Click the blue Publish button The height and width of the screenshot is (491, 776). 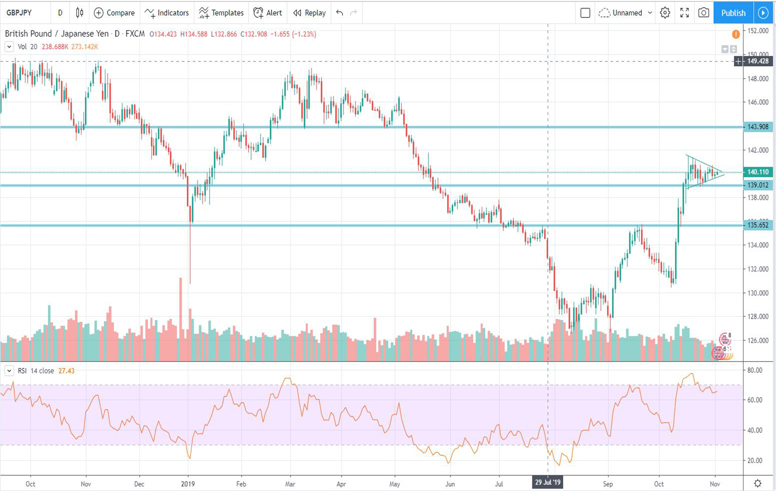(733, 13)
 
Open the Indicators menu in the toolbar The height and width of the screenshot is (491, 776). (167, 13)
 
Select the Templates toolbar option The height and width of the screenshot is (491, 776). (221, 13)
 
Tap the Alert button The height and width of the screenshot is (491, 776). (268, 13)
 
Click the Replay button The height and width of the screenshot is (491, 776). (309, 13)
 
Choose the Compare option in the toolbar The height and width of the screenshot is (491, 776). (114, 13)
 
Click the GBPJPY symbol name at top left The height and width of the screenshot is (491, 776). (19, 13)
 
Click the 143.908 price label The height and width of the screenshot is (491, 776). (758, 127)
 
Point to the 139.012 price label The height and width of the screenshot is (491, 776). (758, 185)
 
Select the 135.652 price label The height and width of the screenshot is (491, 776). (758, 225)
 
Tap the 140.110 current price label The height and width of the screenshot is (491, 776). (758, 172)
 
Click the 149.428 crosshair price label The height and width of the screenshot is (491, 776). (758, 61)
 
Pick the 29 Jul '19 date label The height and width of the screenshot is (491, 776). (548, 483)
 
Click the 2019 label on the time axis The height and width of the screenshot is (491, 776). (188, 484)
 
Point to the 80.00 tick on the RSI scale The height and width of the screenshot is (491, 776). (755, 370)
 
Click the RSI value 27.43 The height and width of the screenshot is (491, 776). (66, 371)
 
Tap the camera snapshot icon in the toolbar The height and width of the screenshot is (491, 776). (704, 13)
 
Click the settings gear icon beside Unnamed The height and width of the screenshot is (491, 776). (665, 13)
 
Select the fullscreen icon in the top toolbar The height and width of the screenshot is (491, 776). (684, 13)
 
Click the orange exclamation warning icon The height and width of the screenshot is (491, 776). (736, 34)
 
